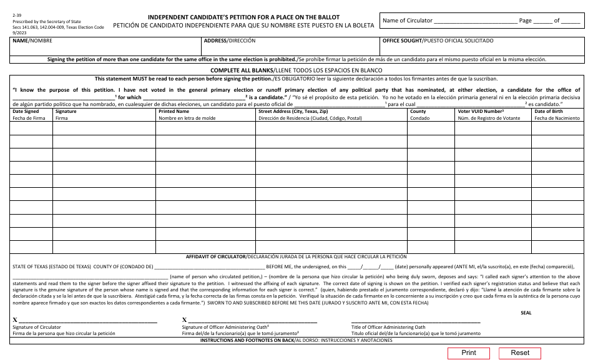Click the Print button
tap(468, 353)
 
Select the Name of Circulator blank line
tap(476, 21)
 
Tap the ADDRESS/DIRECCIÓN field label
tap(230, 41)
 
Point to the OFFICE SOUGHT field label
tap(438, 41)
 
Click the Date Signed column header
tap(26, 111)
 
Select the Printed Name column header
tap(174, 111)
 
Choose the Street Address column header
tap(293, 111)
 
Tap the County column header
tap(418, 111)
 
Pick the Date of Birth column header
tap(548, 111)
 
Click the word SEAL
tap(526, 313)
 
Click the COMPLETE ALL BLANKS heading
tap(243, 71)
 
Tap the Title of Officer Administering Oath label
tap(388, 327)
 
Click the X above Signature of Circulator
tap(15, 320)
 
